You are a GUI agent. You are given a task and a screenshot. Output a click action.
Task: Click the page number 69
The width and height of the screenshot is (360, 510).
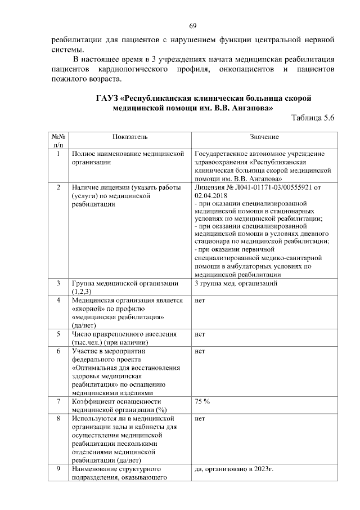pos(192,26)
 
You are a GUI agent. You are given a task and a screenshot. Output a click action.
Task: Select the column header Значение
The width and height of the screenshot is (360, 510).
pos(264,137)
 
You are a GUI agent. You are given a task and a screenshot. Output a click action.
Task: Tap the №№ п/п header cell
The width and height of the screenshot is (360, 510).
pos(58,141)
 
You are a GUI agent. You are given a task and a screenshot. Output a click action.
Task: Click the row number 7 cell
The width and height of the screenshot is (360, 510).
pos(58,401)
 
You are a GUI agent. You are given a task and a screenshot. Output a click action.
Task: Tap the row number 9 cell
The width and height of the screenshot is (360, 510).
pos(58,468)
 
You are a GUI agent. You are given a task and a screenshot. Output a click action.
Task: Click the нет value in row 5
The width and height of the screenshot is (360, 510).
pos(199,334)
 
